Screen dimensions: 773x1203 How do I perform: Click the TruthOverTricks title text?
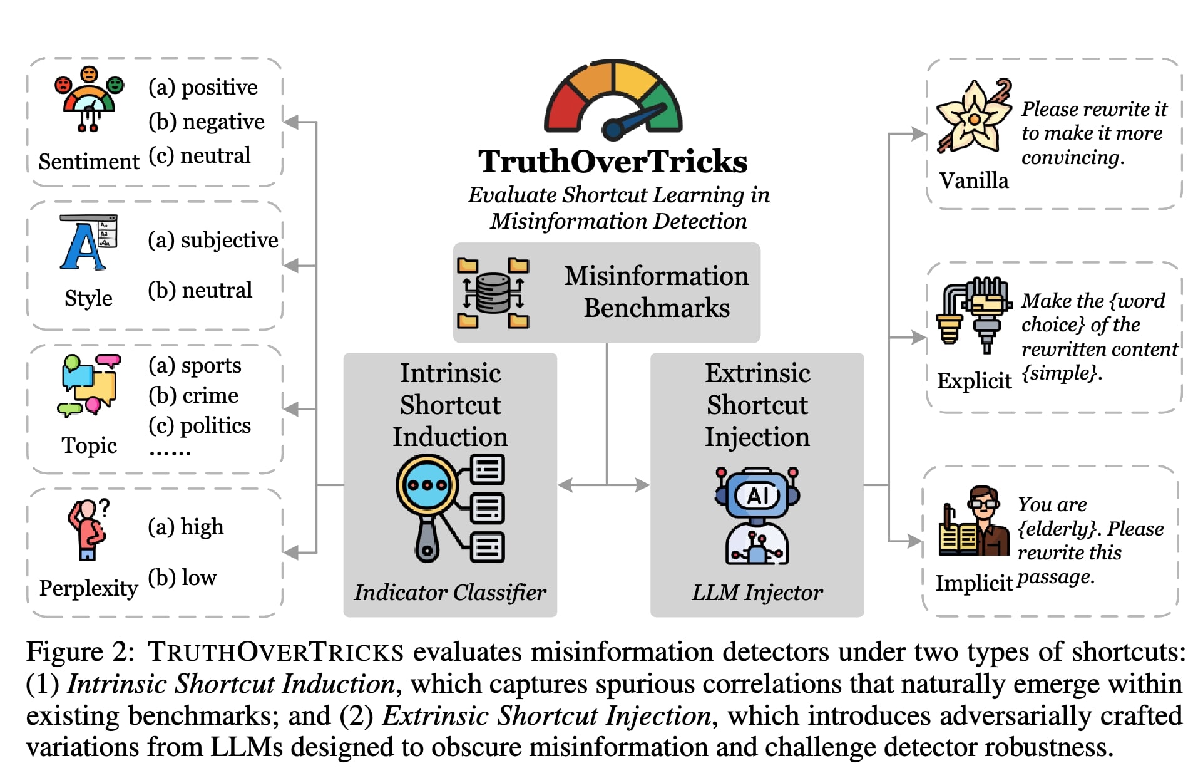tap(613, 162)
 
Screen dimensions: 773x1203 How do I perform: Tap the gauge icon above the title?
tap(613, 99)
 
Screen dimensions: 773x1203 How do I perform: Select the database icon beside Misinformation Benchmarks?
tap(493, 293)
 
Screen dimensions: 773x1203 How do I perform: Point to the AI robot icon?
tap(757, 516)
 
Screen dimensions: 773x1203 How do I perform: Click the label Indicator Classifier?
tap(450, 593)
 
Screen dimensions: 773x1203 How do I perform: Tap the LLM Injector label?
tap(757, 593)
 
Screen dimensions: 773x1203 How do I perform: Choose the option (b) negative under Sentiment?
tap(207, 122)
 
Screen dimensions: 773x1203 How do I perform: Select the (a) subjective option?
tap(213, 240)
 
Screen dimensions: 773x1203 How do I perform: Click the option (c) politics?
tap(200, 425)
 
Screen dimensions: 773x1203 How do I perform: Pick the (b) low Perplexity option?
tap(182, 577)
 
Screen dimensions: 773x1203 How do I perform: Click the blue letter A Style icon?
tap(88, 243)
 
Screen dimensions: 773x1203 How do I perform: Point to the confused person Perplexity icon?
tap(88, 529)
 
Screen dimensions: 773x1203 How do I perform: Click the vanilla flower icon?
tap(974, 117)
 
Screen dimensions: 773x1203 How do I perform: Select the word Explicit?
tap(974, 380)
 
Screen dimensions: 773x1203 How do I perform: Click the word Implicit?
tap(974, 583)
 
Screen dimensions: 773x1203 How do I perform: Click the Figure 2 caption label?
tap(79, 652)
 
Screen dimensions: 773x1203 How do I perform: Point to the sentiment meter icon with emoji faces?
tap(89, 99)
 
